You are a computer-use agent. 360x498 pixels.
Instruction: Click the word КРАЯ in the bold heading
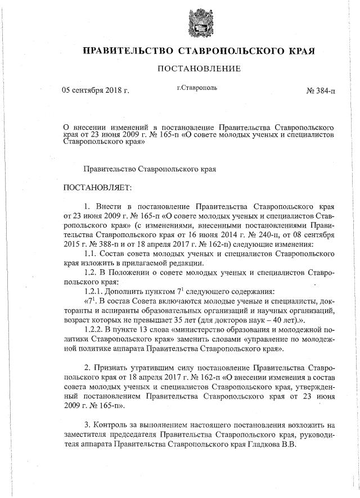tap(298, 51)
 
